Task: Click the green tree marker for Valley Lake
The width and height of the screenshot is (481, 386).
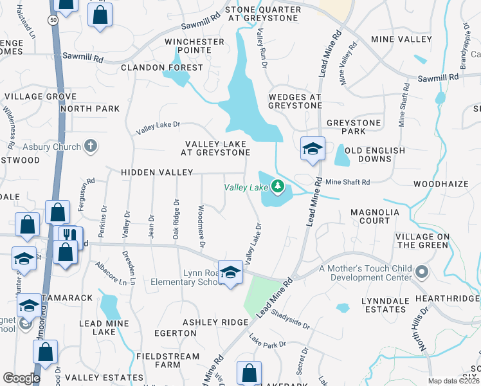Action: (x=278, y=187)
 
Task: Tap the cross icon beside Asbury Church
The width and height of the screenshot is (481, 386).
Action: (x=91, y=147)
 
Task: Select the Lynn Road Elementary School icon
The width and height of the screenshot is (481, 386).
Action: (x=230, y=272)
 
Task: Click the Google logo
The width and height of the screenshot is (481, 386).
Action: (x=21, y=378)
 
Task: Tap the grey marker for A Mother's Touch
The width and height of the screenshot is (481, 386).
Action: (x=421, y=273)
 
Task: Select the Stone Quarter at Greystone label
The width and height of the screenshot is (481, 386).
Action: (x=262, y=14)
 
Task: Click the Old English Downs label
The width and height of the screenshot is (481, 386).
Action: (x=375, y=155)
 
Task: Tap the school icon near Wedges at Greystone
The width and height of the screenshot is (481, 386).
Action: (x=313, y=149)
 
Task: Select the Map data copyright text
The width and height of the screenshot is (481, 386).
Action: (x=453, y=381)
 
